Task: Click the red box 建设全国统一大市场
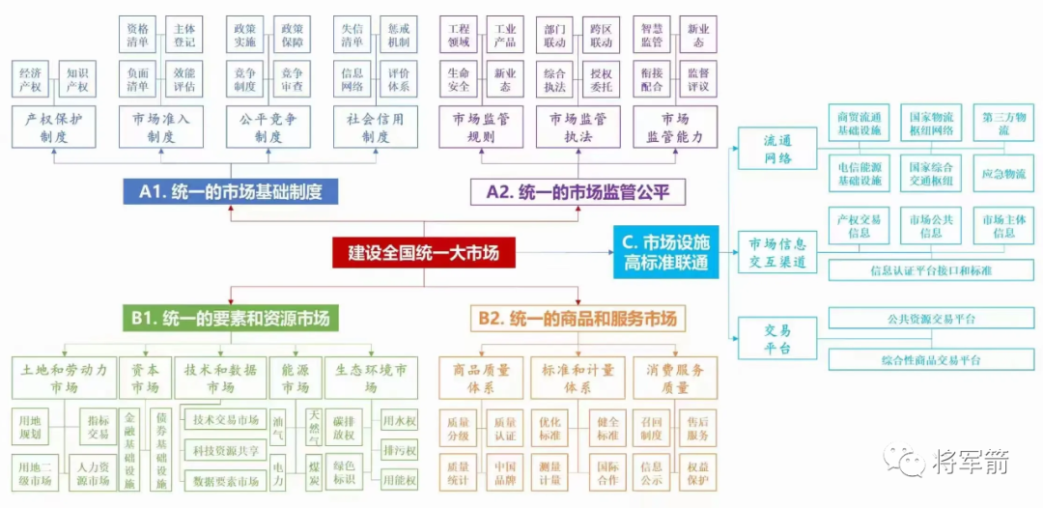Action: (423, 253)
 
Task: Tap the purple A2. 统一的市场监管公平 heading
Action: (578, 192)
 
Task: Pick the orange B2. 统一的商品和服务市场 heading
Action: (578, 318)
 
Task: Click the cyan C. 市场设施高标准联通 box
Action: (666, 253)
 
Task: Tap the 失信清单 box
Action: (352, 35)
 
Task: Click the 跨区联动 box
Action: (601, 35)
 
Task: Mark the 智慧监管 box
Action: (652, 35)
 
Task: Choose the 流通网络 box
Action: (777, 151)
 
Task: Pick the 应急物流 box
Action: (1003, 174)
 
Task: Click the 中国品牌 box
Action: (505, 473)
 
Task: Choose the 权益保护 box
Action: (698, 473)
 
